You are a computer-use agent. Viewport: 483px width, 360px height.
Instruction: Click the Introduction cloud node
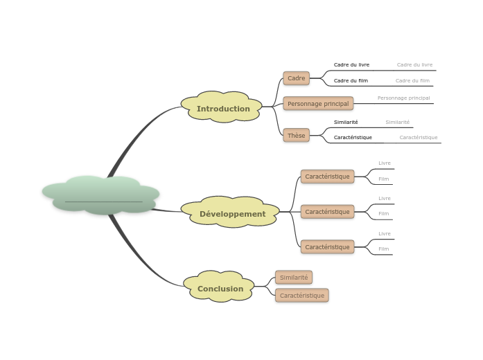tap(222, 108)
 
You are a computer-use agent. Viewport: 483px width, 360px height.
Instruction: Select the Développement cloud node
tap(231, 213)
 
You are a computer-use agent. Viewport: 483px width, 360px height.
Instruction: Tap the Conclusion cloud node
tap(220, 288)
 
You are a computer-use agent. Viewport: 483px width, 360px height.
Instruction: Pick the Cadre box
tap(296, 78)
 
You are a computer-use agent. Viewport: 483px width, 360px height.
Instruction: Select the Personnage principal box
tap(318, 103)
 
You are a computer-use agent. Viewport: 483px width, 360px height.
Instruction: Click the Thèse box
tap(296, 135)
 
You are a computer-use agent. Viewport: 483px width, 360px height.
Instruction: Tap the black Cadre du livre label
tap(351, 65)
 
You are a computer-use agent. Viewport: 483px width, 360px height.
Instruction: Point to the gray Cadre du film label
tap(412, 81)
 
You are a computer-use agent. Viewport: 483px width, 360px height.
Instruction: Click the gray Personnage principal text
tap(403, 98)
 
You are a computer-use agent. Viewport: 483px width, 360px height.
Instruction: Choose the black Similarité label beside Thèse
tap(346, 122)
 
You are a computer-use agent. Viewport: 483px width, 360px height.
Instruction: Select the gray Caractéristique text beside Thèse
tap(418, 137)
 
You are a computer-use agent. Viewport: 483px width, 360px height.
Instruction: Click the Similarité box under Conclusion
tap(294, 277)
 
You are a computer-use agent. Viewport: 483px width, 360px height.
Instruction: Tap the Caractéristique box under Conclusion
tap(301, 296)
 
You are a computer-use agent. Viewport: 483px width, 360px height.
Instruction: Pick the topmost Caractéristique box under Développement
tap(327, 177)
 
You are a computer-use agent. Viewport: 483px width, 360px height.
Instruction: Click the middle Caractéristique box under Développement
tap(327, 212)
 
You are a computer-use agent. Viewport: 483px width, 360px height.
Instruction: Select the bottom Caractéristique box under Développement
tap(327, 247)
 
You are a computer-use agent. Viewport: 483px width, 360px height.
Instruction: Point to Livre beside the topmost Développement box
tap(385, 163)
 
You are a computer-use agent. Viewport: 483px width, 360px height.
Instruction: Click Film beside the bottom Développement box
tap(384, 249)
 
